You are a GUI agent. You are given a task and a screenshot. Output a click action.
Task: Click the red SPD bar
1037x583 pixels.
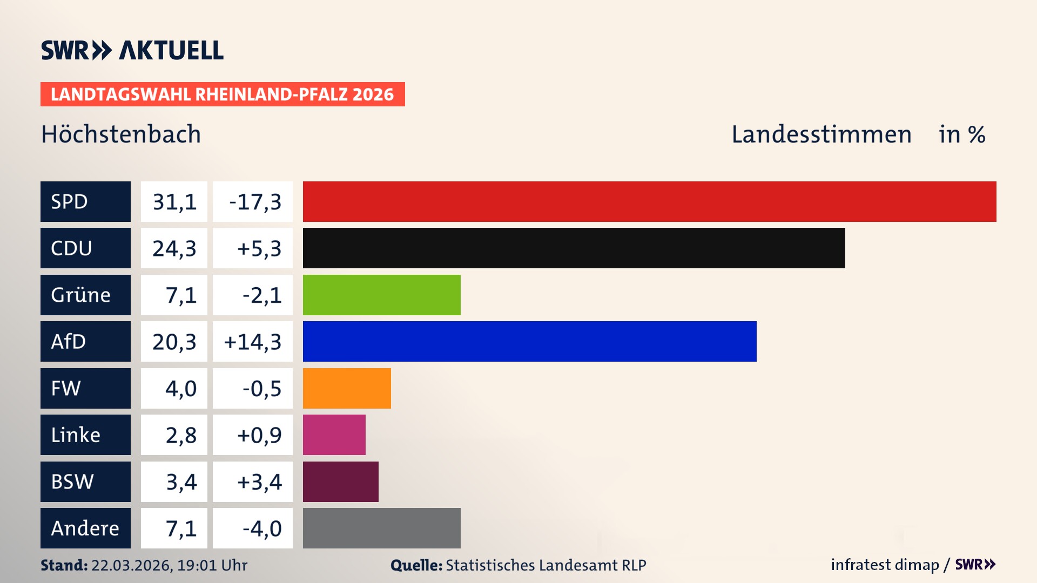click(649, 201)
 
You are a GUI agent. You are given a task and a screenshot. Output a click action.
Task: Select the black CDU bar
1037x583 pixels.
click(574, 248)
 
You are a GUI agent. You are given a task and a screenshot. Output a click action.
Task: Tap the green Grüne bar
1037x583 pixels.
click(381, 295)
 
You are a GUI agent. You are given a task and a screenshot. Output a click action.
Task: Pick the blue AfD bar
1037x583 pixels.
click(529, 341)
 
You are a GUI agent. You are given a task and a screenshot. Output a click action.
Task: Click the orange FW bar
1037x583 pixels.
click(347, 388)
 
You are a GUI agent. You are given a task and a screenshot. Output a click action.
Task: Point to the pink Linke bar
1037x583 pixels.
click(334, 435)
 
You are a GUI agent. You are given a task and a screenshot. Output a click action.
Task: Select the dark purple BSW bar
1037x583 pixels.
click(340, 482)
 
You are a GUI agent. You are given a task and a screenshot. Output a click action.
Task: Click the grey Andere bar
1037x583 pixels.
click(381, 528)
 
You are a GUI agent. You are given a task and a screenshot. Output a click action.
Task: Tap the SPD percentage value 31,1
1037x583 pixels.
click(174, 202)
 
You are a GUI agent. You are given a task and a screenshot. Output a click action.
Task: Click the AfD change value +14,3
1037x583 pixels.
click(253, 342)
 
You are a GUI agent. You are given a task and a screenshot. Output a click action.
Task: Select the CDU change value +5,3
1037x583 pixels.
click(259, 248)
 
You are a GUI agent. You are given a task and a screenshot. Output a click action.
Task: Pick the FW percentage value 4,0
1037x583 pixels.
click(180, 389)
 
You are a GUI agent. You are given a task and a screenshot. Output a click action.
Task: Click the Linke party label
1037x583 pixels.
click(76, 435)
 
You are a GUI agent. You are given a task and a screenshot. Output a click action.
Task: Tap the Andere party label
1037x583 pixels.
click(85, 528)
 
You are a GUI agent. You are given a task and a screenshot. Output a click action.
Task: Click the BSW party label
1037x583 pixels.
click(72, 482)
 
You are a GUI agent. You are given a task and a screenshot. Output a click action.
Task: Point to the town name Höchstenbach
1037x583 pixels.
click(121, 134)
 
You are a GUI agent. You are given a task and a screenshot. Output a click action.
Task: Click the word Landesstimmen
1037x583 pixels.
click(821, 134)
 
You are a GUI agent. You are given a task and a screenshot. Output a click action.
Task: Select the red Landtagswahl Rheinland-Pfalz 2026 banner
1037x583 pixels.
click(223, 94)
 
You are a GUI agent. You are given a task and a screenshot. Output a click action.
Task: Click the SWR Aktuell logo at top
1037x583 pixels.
click(132, 50)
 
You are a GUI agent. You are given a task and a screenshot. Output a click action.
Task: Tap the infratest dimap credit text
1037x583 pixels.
click(885, 565)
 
